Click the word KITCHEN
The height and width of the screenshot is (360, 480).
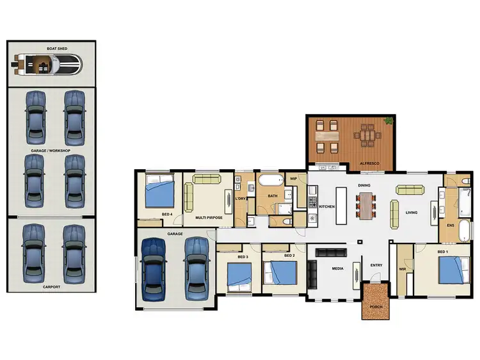pyautogui.click(x=327, y=207)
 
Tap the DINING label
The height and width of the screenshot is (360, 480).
pyautogui.click(x=365, y=186)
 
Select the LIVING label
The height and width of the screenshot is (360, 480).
pyautogui.click(x=412, y=213)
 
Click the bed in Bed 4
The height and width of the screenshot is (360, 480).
pyautogui.click(x=159, y=192)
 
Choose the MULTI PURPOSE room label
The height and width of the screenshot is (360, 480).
pyautogui.click(x=209, y=218)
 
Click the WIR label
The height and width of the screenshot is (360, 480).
pyautogui.click(x=403, y=269)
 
